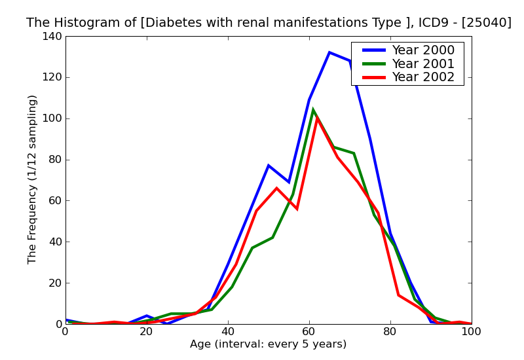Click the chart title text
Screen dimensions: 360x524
[269, 23]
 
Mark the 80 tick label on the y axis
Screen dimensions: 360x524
[54, 160]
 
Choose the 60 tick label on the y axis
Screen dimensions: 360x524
[54, 201]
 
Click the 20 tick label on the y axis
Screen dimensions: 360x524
[54, 283]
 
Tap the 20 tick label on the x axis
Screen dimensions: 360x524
[147, 332]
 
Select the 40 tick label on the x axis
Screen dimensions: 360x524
[228, 332]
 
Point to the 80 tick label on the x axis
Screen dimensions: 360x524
[390, 332]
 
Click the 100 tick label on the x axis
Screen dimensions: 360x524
[472, 332]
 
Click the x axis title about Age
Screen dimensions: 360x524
[269, 345]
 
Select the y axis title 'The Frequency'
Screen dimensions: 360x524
[33, 179]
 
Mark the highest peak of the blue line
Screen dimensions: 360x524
[329, 52]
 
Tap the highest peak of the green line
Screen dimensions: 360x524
[313, 110]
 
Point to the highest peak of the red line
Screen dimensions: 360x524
[317, 118]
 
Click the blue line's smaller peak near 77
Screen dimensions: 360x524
[269, 166]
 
